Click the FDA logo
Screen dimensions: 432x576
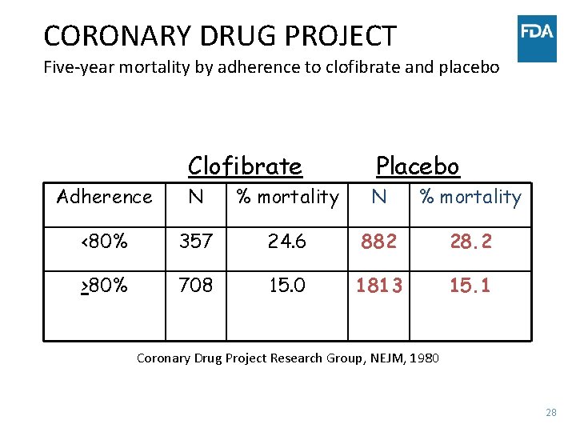pyautogui.click(x=537, y=38)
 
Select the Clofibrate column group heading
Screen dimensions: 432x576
pyautogui.click(x=245, y=166)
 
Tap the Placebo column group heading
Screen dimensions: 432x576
pyautogui.click(x=418, y=166)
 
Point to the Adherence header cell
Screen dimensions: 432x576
pyautogui.click(x=104, y=197)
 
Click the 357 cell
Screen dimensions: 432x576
pyautogui.click(x=196, y=242)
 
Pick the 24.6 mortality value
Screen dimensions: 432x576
pyautogui.click(x=286, y=242)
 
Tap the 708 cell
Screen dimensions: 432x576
pyautogui.click(x=196, y=286)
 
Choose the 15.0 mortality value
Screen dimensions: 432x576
pyautogui.click(x=286, y=286)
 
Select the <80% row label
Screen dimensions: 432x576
pyautogui.click(x=104, y=242)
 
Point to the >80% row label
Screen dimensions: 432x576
pyautogui.click(x=104, y=286)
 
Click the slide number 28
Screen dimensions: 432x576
pyautogui.click(x=550, y=413)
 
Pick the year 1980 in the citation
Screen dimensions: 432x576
pyautogui.click(x=424, y=358)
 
